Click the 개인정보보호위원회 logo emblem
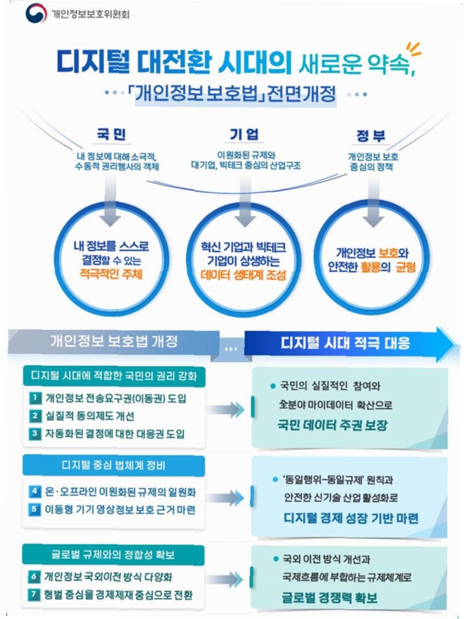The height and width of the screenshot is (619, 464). click(x=35, y=13)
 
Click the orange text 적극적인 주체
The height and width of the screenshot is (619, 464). click(x=110, y=274)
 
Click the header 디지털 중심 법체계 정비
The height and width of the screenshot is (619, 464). click(x=114, y=466)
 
